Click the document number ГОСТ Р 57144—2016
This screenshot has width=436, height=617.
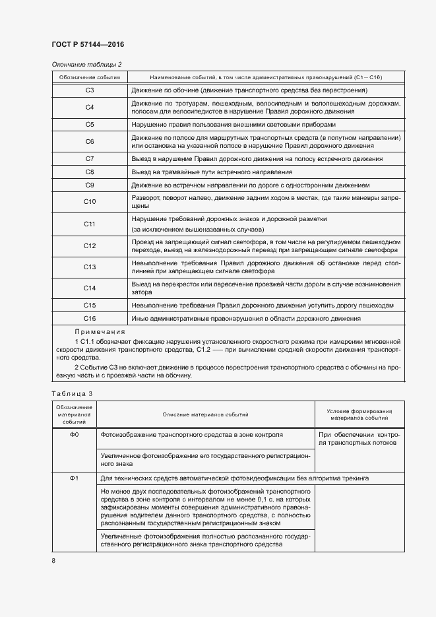click(x=88, y=44)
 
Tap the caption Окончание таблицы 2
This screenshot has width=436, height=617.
click(x=86, y=64)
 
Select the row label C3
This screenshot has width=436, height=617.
click(x=90, y=90)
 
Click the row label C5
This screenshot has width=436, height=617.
click(x=90, y=124)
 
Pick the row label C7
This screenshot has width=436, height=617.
click(x=90, y=159)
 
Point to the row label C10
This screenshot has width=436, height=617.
click(x=90, y=202)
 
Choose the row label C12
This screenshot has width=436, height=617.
click(x=90, y=246)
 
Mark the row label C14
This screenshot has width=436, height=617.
click(x=90, y=288)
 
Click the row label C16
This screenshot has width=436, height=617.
click(x=90, y=319)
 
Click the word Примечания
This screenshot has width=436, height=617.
click(x=100, y=331)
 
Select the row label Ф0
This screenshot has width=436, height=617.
click(x=74, y=436)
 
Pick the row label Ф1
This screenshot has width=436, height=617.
click(x=74, y=478)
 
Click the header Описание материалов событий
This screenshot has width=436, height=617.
click(x=205, y=414)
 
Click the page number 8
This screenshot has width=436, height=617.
click(x=54, y=561)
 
